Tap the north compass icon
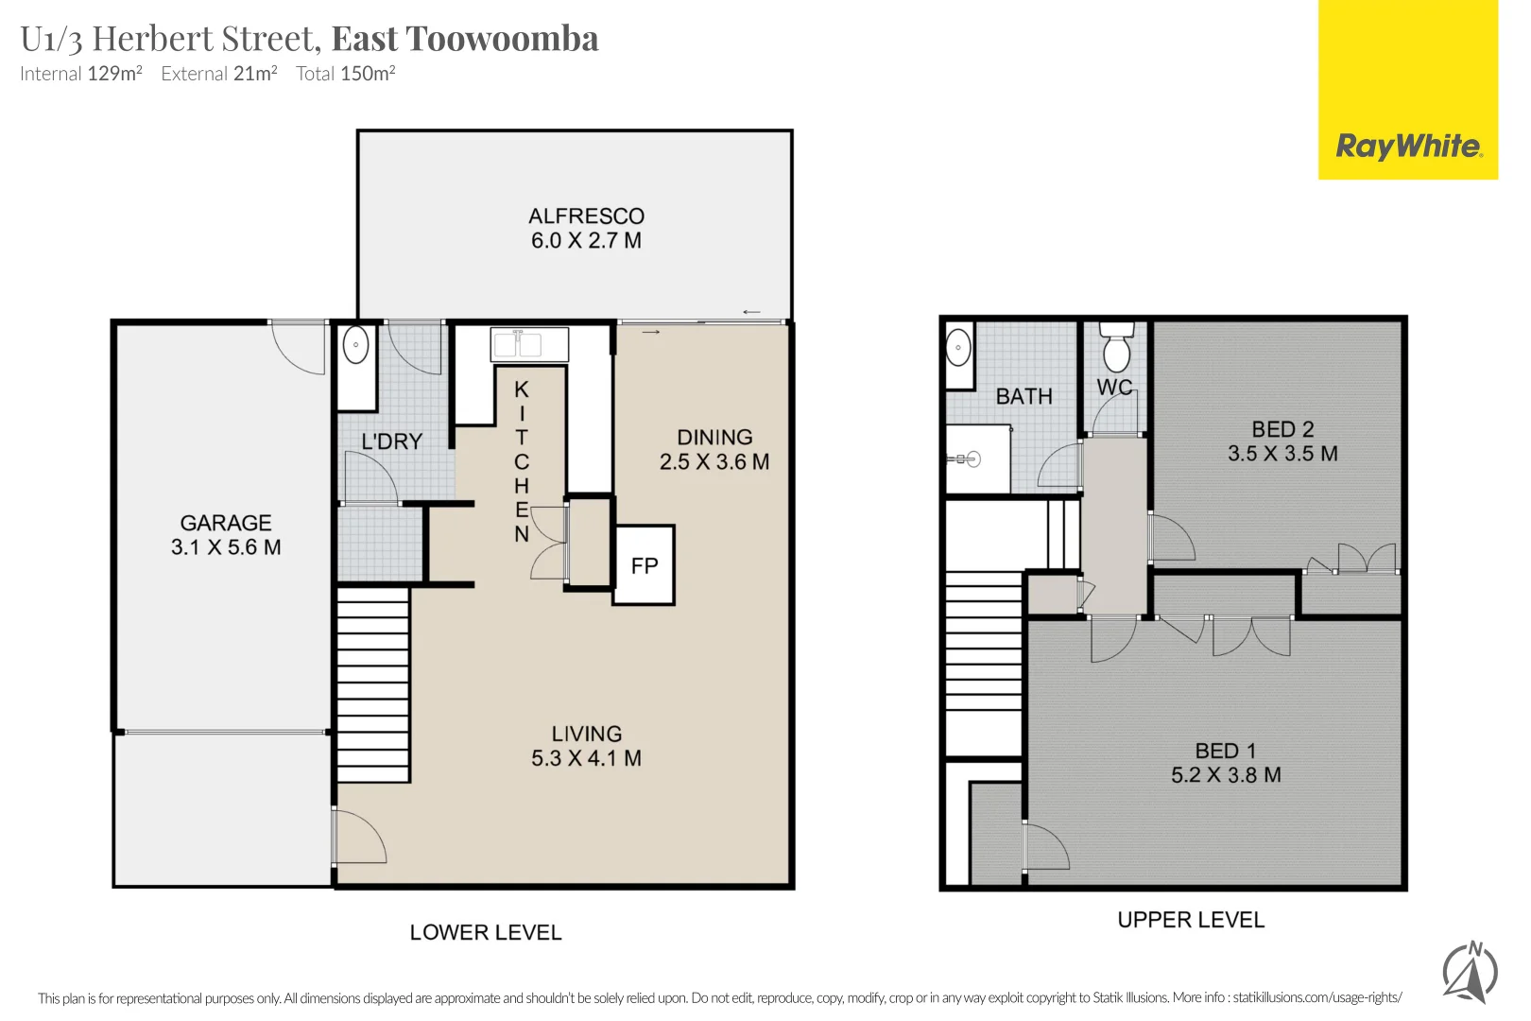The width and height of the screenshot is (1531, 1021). click(x=1471, y=972)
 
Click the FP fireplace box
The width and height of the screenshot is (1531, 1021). click(x=644, y=565)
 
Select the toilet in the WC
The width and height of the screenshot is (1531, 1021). click(x=1117, y=347)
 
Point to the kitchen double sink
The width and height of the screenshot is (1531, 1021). click(x=529, y=345)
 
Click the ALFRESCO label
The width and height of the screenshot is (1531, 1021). click(x=587, y=216)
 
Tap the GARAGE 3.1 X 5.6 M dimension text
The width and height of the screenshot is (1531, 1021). click(x=226, y=547)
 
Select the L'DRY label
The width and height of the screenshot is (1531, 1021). click(x=391, y=441)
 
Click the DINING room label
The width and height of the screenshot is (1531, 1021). click(x=714, y=437)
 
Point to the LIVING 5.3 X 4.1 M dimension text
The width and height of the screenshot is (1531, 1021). click(x=587, y=758)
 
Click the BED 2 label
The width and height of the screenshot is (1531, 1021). click(x=1282, y=429)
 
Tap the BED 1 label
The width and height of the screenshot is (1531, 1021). click(x=1226, y=751)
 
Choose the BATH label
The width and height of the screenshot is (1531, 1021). click(x=1024, y=396)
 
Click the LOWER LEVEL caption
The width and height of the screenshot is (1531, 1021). click(x=486, y=932)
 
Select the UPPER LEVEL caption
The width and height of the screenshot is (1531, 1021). click(x=1192, y=920)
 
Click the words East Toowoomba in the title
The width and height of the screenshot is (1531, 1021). click(x=465, y=39)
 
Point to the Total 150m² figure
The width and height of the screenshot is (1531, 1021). click(x=345, y=73)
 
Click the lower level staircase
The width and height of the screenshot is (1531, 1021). click(x=374, y=684)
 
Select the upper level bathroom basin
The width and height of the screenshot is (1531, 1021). click(x=958, y=347)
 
